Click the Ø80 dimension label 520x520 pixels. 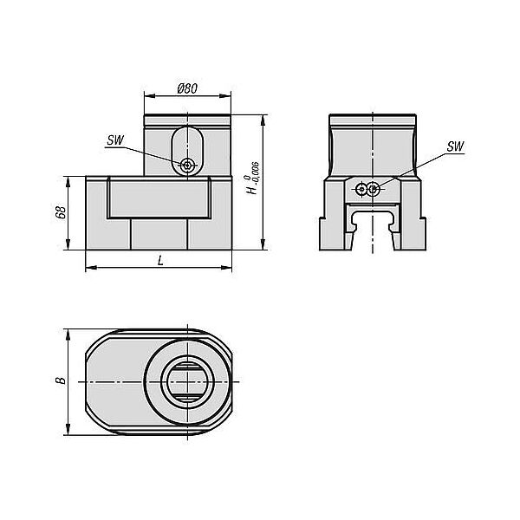(187, 88)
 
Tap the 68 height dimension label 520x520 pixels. (61, 212)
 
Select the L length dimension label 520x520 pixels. (160, 261)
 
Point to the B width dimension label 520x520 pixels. (61, 380)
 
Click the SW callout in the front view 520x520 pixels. (115, 140)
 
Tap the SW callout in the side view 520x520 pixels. (455, 146)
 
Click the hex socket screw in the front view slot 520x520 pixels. (188, 165)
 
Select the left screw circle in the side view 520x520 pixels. (361, 189)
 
